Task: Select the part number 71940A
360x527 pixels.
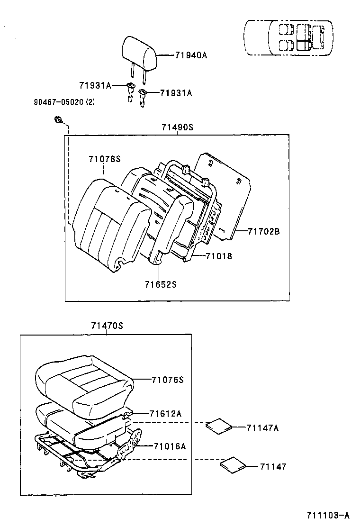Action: pos(191,55)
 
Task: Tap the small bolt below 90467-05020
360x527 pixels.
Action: pos(58,119)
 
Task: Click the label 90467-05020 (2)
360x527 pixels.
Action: pos(64,102)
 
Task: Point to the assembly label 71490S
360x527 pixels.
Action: pos(177,127)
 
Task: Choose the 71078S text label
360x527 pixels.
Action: pos(104,159)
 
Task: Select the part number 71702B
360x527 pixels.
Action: pos(264,231)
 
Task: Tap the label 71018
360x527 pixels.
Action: pos(218,256)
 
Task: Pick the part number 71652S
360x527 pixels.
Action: pos(161,284)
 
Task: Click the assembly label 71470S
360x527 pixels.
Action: pos(107,326)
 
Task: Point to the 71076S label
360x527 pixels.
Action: pos(167,380)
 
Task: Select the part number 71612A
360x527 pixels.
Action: pos(165,413)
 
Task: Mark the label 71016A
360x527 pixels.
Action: pos(169,446)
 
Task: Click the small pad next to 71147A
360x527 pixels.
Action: pos(219,425)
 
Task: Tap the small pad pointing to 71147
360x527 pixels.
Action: pos(233,464)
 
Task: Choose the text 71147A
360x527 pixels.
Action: pos(262,428)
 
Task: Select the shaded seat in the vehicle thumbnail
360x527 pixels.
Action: pos(303,45)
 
